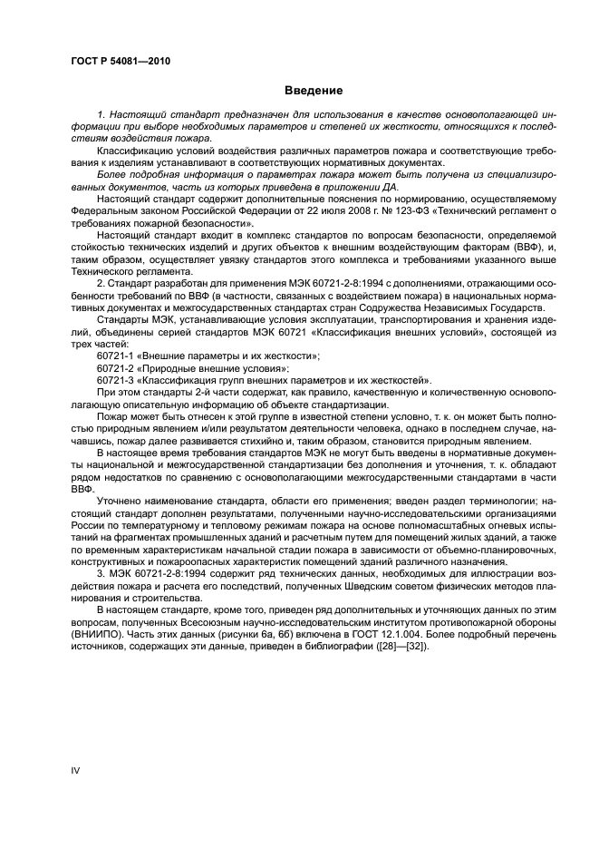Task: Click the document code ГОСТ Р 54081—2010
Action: click(120, 62)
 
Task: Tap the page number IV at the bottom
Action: click(75, 771)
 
